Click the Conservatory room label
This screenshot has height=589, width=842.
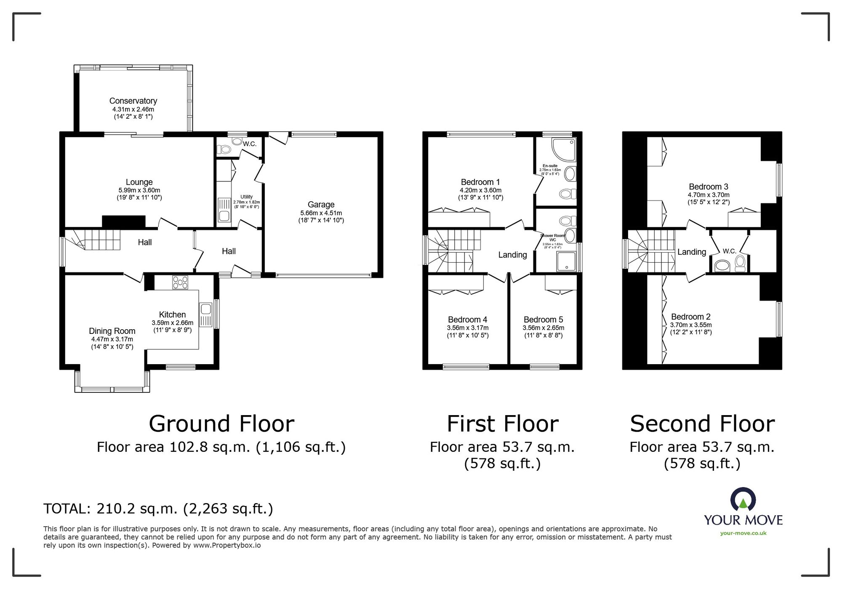tap(133, 101)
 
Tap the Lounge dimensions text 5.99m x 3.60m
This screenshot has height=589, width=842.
tap(139, 190)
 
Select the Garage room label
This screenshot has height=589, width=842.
tap(321, 205)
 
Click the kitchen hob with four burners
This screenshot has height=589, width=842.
tap(180, 282)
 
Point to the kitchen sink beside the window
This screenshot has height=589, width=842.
tap(206, 314)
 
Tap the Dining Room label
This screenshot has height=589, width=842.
tap(112, 331)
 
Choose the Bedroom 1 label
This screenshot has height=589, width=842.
tap(480, 182)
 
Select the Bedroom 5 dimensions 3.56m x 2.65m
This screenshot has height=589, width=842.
tap(543, 328)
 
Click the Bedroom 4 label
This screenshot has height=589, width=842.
tap(467, 320)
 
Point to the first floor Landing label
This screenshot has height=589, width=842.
tap(512, 255)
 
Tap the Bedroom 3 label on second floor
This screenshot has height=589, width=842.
tap(709, 187)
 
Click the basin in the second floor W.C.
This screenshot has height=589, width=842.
tap(722, 266)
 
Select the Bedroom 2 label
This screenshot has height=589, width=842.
tap(690, 317)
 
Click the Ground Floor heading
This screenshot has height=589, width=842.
tap(221, 424)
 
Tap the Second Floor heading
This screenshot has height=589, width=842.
tap(702, 424)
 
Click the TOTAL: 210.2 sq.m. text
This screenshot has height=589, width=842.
tap(158, 509)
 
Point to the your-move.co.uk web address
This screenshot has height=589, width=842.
tap(743, 533)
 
